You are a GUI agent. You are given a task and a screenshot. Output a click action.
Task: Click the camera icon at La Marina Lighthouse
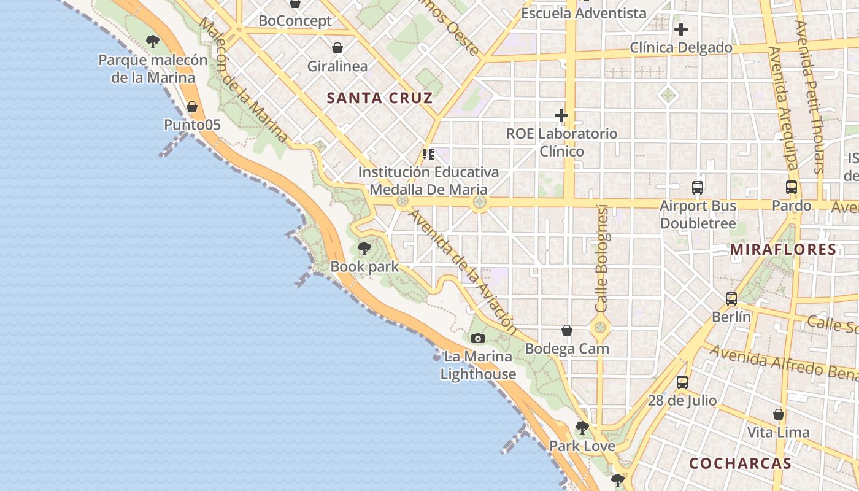click(x=477, y=338)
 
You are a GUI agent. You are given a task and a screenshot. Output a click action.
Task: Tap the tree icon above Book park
click(x=364, y=249)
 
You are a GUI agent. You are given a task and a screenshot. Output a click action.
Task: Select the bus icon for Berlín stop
click(x=731, y=299)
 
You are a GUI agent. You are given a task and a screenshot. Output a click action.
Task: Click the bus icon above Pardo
click(x=792, y=187)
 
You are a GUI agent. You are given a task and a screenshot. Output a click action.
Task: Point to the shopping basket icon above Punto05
click(x=192, y=107)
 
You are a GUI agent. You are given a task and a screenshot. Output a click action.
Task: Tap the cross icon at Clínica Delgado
click(x=681, y=29)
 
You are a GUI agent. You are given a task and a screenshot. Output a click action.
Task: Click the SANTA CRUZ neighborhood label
click(x=380, y=98)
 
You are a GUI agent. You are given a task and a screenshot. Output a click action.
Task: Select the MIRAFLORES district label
click(x=784, y=249)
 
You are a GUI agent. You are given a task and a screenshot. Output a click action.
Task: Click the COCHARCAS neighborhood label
click(x=740, y=463)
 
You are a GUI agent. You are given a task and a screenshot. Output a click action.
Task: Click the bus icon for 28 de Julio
click(x=682, y=382)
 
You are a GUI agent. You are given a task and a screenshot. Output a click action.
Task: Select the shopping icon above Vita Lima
click(x=779, y=414)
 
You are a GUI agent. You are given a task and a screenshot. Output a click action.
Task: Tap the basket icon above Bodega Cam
click(x=567, y=331)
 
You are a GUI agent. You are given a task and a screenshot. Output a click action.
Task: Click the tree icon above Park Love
click(x=582, y=427)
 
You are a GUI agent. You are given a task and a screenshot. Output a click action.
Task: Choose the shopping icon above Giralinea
click(x=337, y=48)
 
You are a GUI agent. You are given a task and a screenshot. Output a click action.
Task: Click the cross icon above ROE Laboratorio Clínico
click(x=561, y=115)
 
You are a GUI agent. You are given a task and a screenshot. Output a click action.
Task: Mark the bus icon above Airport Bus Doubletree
click(x=698, y=188)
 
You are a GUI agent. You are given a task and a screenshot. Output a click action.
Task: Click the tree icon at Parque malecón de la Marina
click(x=153, y=42)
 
